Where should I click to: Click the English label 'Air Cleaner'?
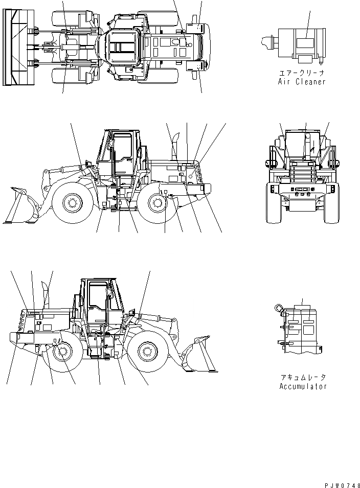301,82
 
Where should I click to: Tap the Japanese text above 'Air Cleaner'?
301,73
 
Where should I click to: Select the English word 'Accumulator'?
303,386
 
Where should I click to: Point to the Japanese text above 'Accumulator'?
303,377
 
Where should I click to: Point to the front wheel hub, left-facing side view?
72,203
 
